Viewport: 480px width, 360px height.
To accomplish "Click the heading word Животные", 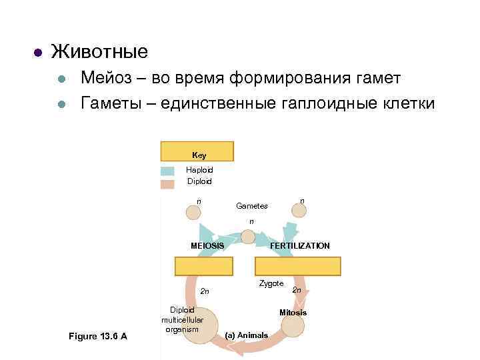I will tap(99, 51).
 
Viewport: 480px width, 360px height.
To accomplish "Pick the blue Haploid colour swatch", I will tap(167, 171).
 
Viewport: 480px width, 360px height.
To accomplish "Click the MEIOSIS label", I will tap(207, 246).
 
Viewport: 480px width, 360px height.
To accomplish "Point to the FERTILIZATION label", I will tap(299, 246).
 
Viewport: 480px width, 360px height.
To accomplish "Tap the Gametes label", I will tap(252, 206).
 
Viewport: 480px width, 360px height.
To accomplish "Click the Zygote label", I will tap(271, 283).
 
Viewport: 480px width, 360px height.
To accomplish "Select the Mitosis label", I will tap(293, 313).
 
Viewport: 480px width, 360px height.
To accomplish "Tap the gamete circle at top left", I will tap(193, 213).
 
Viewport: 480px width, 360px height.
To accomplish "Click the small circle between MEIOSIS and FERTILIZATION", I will tap(247, 237).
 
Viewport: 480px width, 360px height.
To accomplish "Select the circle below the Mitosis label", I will tap(293, 326).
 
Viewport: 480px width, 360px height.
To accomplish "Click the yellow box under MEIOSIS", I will tap(204, 266).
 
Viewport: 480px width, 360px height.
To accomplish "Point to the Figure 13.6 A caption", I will tap(98, 335).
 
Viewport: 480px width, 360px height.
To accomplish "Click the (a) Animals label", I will tap(247, 335).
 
